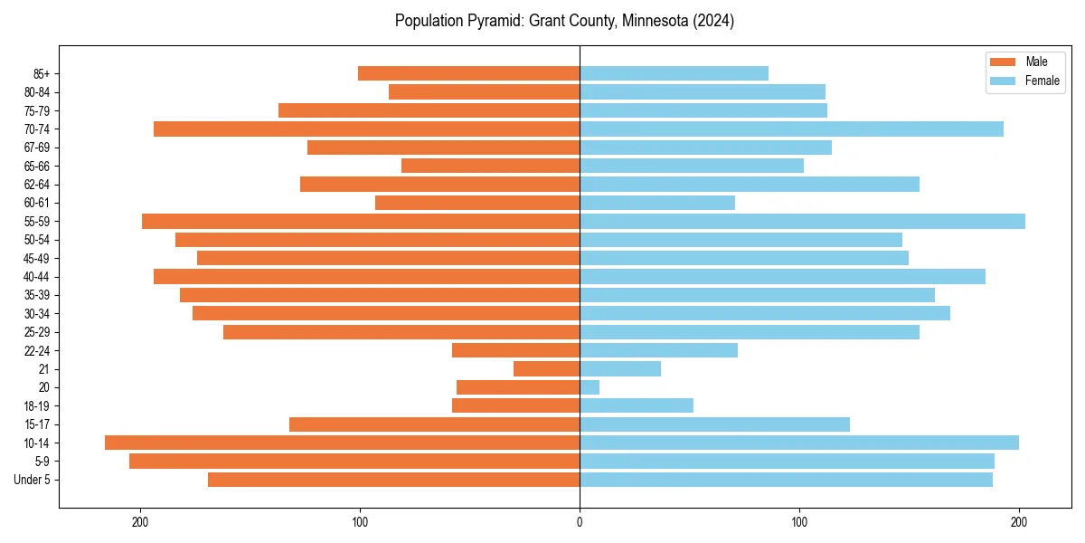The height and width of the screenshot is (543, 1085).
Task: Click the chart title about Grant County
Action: point(564,21)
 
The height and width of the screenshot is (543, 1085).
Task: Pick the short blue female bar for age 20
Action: point(590,387)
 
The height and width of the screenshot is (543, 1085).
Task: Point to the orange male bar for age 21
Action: point(546,368)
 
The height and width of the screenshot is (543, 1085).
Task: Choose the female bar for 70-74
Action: point(791,129)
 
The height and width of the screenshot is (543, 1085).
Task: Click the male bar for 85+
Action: point(468,73)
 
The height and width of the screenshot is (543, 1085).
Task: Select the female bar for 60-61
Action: point(657,203)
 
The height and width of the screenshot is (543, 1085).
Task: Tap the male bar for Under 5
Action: point(393,480)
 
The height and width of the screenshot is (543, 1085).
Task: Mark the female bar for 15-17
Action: point(714,424)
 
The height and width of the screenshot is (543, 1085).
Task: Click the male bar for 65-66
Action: point(490,166)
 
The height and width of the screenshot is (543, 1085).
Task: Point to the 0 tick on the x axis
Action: point(580,521)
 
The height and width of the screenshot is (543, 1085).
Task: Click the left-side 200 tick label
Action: point(140,521)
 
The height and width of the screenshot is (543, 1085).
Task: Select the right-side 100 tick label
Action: point(799,521)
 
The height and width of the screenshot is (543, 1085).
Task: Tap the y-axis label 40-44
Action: point(36,277)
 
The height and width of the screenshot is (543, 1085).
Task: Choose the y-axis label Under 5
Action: point(33,480)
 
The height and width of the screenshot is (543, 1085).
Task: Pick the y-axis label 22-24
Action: point(36,351)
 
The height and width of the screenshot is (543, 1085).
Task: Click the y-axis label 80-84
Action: point(36,92)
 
